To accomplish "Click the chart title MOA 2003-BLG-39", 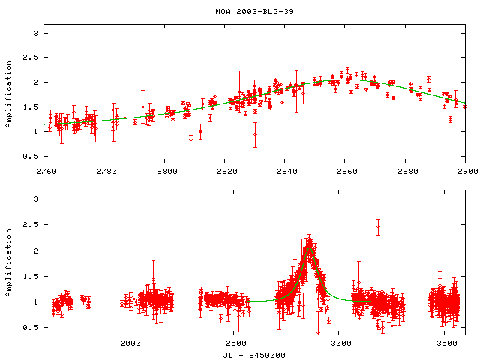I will point(240,12).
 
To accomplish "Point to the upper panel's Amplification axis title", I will point(9,93).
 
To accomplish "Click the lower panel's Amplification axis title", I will point(9,264).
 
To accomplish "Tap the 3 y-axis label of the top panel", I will point(34,34).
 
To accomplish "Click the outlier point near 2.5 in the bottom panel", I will point(378,226).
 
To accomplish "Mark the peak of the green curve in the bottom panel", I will point(308,244).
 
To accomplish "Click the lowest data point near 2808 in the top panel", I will point(190,139).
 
